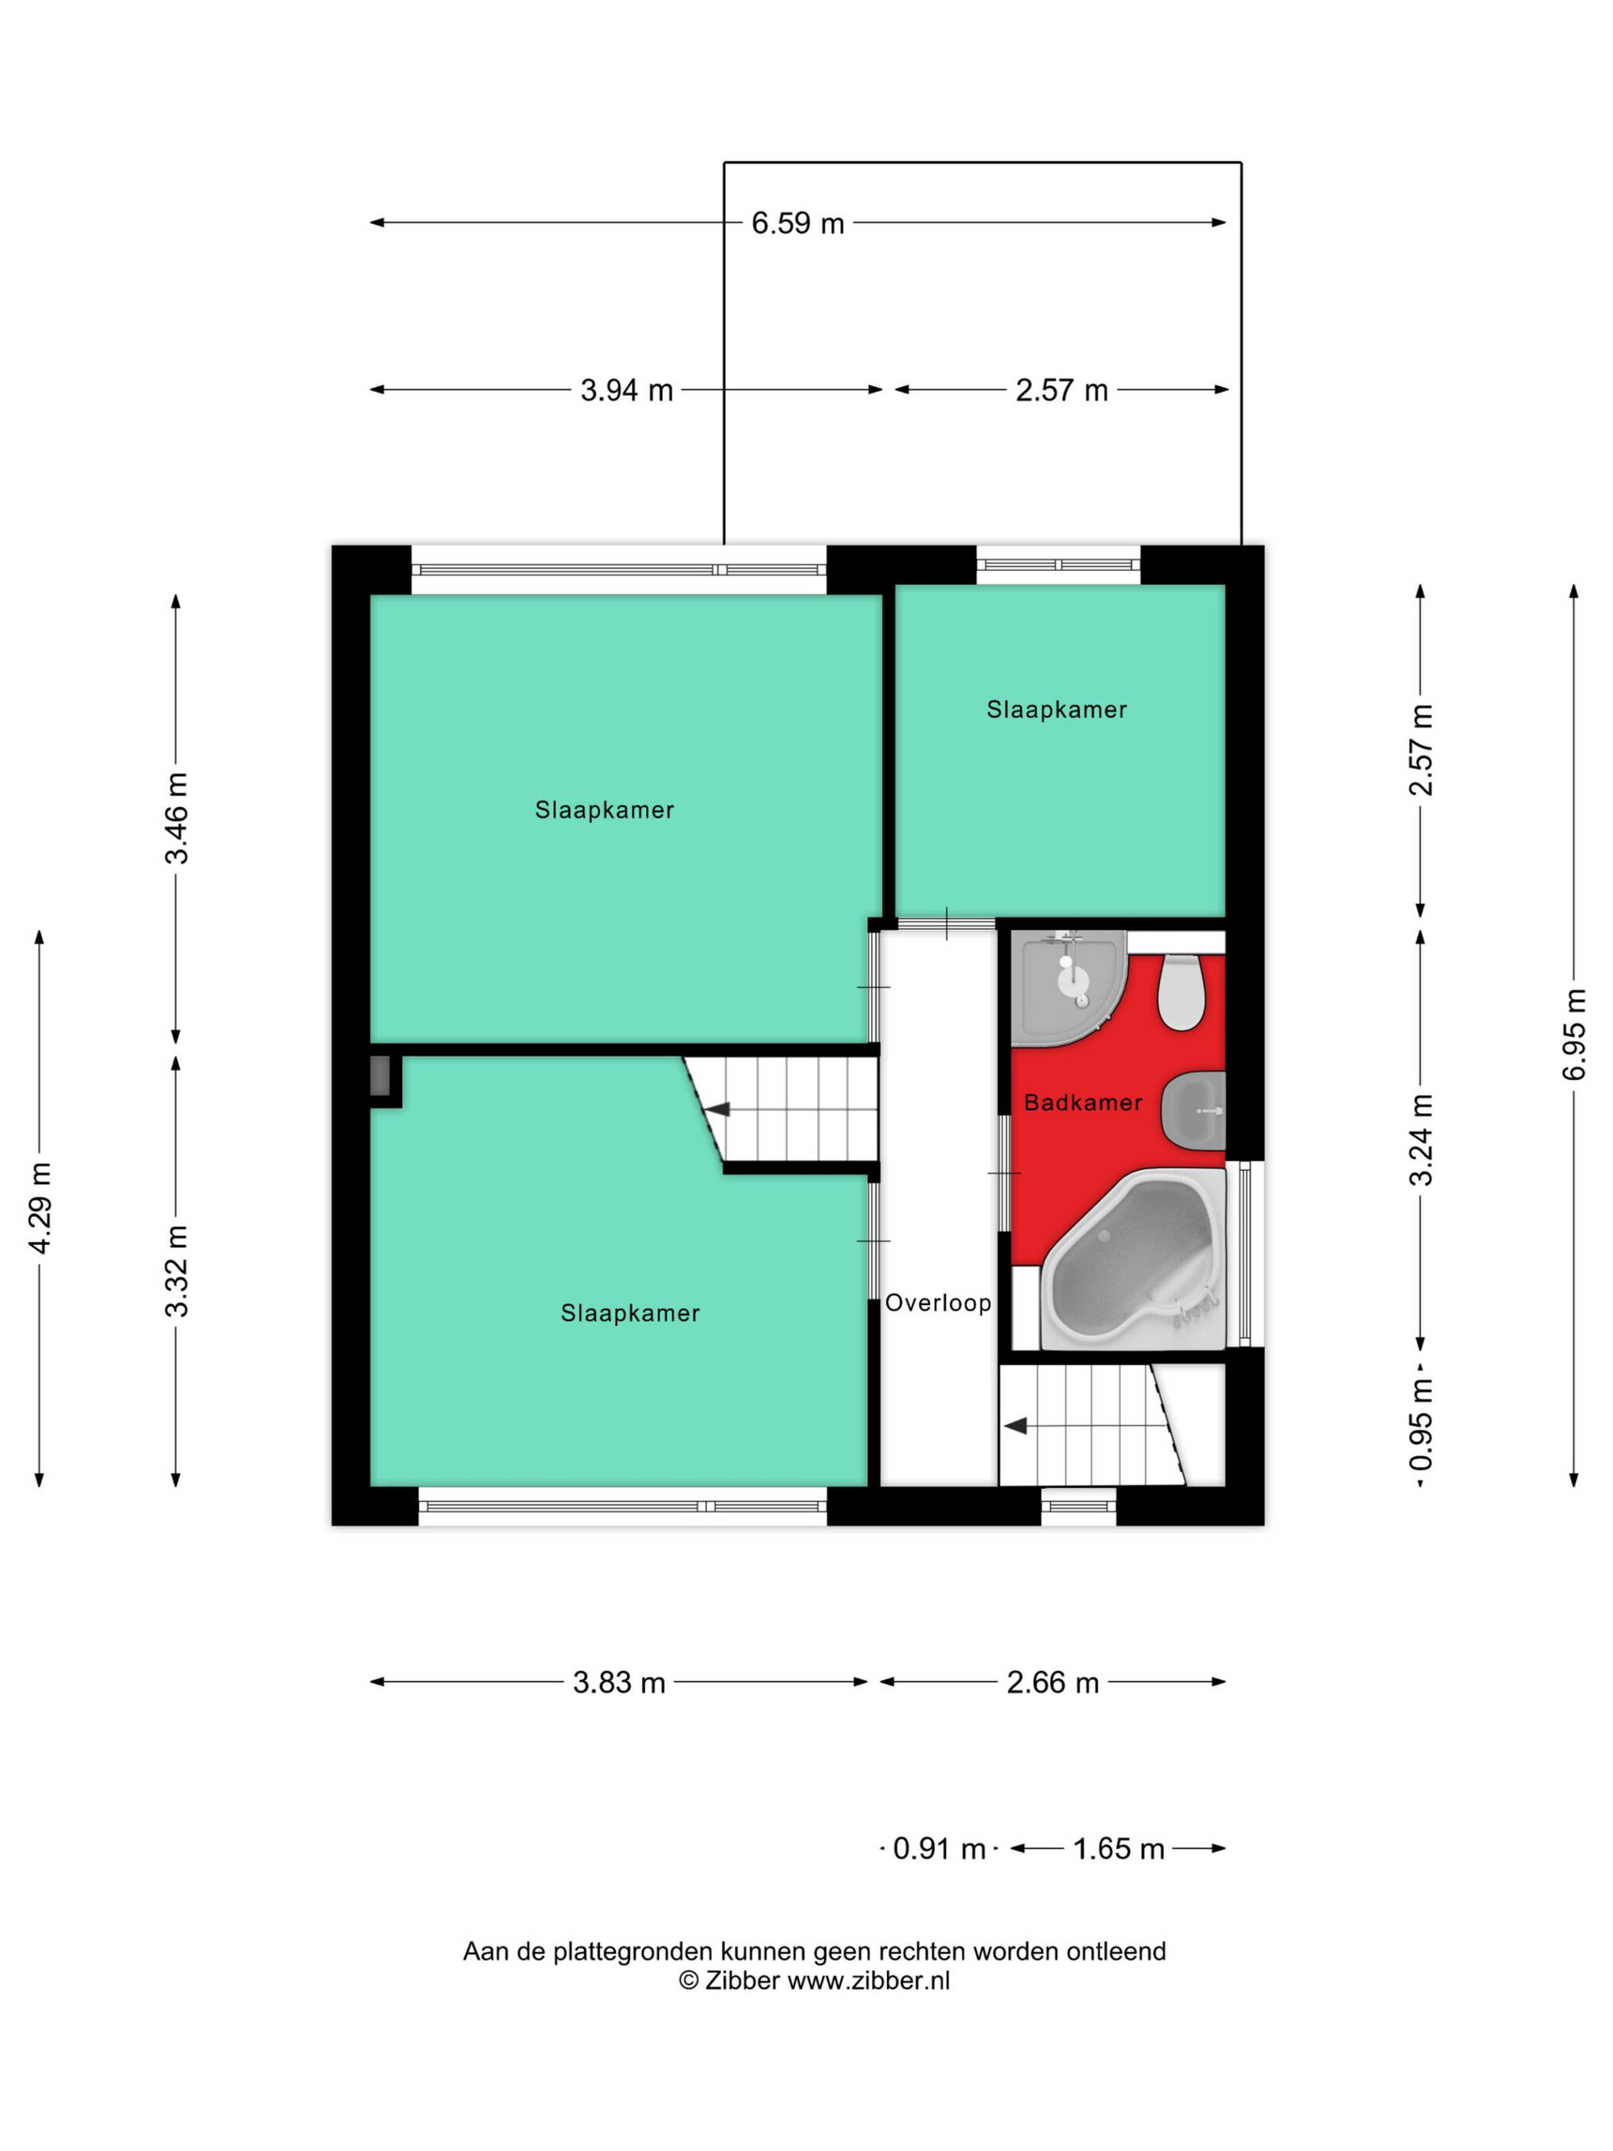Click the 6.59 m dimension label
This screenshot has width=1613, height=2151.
[798, 223]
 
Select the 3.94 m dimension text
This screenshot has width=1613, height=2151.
[626, 390]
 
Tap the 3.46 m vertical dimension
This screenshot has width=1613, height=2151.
[176, 818]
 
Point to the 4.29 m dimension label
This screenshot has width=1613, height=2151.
[40, 1207]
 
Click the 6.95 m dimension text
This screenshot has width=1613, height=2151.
[1574, 1034]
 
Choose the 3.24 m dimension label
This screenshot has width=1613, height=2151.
[1420, 1140]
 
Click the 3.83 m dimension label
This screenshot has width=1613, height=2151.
[619, 1682]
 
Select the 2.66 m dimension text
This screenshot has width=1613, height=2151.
[1052, 1682]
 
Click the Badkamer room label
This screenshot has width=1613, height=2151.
[1083, 1103]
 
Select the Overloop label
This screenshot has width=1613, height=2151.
[938, 1303]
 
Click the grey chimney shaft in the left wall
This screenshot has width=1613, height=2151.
[380, 1077]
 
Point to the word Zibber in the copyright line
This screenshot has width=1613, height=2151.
[742, 1981]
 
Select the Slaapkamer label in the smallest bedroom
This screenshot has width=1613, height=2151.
[1057, 710]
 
